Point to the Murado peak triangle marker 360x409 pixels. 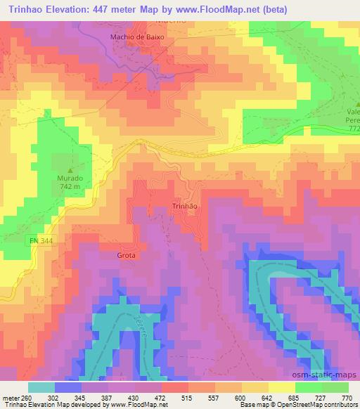pos(70,169)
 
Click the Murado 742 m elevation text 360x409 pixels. pos(70,182)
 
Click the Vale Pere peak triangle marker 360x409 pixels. pos(349,103)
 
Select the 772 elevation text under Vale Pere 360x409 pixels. pos(353,129)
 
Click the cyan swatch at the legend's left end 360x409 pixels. pos(41,387)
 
